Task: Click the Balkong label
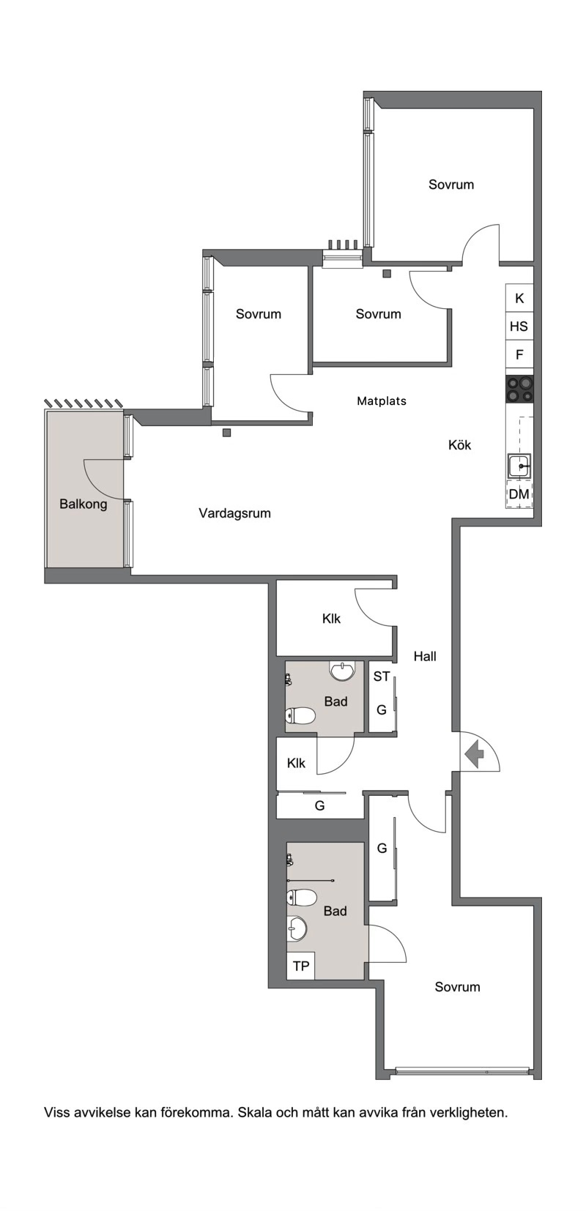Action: pyautogui.click(x=84, y=504)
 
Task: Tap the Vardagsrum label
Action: pyautogui.click(x=235, y=513)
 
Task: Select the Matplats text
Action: pyautogui.click(x=382, y=401)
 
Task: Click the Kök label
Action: pyautogui.click(x=460, y=445)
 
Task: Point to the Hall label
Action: pyautogui.click(x=426, y=656)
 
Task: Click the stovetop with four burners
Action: pyautogui.click(x=520, y=390)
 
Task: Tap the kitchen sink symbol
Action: pyautogui.click(x=519, y=466)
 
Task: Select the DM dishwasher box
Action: pyautogui.click(x=519, y=494)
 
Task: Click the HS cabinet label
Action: pyautogui.click(x=519, y=327)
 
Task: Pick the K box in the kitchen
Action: pyautogui.click(x=519, y=299)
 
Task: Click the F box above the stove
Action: pyautogui.click(x=519, y=354)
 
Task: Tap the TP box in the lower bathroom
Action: pyautogui.click(x=301, y=966)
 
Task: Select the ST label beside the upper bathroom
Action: pyautogui.click(x=382, y=677)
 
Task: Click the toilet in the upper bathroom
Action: pyautogui.click(x=300, y=716)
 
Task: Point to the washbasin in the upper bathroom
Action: pyautogui.click(x=342, y=671)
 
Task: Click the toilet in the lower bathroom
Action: pyautogui.click(x=301, y=898)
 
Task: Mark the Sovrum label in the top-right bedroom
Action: pyautogui.click(x=451, y=185)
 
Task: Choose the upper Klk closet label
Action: pyautogui.click(x=332, y=619)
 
